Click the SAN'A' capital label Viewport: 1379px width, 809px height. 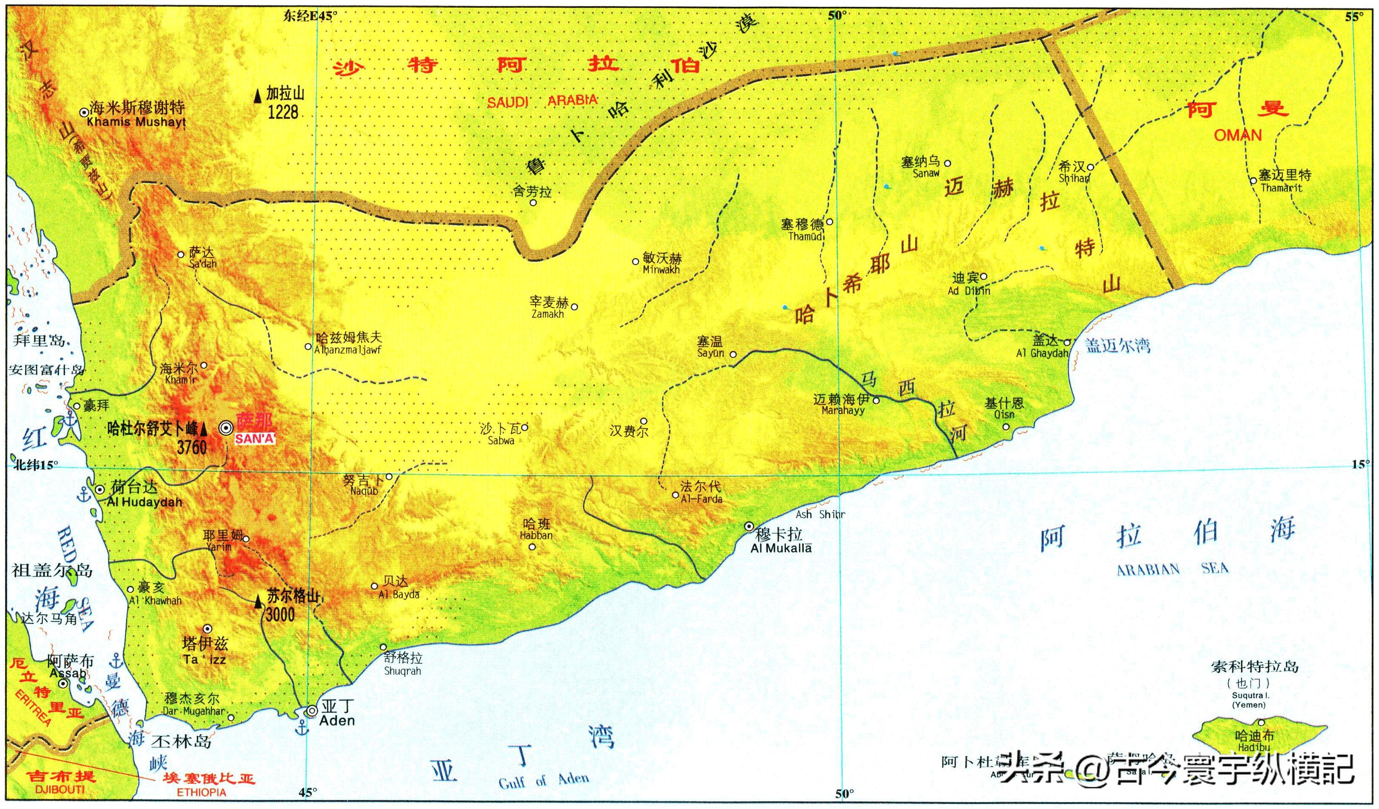coord(255,439)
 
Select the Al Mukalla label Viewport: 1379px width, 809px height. coord(781,548)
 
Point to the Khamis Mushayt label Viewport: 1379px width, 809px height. coord(136,122)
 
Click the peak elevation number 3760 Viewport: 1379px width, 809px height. coord(192,448)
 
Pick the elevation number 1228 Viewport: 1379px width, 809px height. coord(283,112)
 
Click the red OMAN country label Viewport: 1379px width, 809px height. coord(1238,135)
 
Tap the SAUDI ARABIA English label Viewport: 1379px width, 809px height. coord(542,101)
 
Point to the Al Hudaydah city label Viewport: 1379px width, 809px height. coord(144,502)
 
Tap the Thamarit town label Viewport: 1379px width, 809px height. coord(1282,188)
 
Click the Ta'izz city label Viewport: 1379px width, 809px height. coord(205,660)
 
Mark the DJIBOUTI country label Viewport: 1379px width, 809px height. coord(60,789)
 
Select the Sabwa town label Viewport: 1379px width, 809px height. coord(501,440)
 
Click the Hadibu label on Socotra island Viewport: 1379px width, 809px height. coord(1254,748)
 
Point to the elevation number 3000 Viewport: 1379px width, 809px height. coord(280,615)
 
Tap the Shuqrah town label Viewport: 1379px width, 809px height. coord(402,671)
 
